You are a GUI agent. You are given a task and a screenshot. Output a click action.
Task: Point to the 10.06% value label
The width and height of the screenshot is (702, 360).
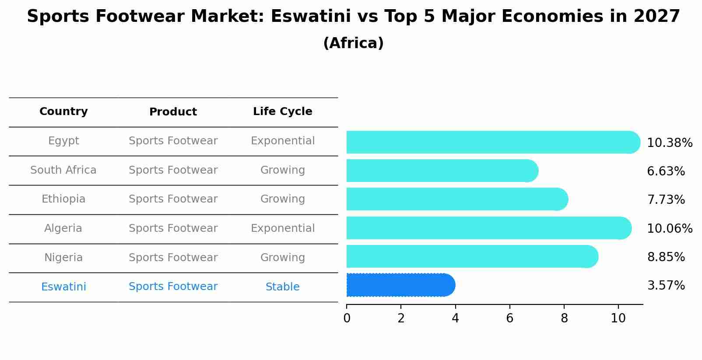click(x=669, y=229)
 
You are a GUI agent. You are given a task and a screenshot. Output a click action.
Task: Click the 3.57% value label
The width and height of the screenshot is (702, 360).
click(x=666, y=286)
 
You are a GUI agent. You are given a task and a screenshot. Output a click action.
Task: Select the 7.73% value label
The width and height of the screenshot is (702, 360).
click(x=666, y=200)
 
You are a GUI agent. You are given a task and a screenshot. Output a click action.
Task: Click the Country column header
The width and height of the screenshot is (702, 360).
click(x=63, y=112)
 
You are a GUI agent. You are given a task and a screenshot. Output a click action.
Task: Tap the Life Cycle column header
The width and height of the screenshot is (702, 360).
click(x=282, y=112)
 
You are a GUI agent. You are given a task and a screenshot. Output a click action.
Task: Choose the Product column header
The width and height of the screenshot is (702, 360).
click(x=173, y=112)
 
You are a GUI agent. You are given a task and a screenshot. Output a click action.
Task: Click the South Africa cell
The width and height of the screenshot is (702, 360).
click(x=63, y=170)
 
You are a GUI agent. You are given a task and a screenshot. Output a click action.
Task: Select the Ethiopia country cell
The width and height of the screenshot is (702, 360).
click(x=63, y=199)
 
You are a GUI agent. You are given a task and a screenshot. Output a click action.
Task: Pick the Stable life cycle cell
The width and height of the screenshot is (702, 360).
click(x=282, y=287)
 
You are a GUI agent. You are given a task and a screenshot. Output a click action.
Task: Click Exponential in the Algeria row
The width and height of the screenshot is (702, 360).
click(x=282, y=228)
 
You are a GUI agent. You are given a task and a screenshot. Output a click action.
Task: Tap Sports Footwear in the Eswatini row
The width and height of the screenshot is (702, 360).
click(x=173, y=287)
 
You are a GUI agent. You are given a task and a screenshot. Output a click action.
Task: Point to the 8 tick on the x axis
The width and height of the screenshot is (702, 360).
click(x=564, y=318)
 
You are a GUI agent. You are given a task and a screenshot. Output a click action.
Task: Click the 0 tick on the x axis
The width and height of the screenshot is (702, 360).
click(x=347, y=318)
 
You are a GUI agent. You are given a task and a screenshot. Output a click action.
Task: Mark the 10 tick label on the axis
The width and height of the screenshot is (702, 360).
click(x=618, y=318)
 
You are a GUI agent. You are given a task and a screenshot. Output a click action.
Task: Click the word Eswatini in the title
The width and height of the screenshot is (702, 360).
click(x=311, y=17)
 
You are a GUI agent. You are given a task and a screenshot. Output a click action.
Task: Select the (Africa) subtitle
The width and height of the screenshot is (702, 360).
click(x=353, y=43)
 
